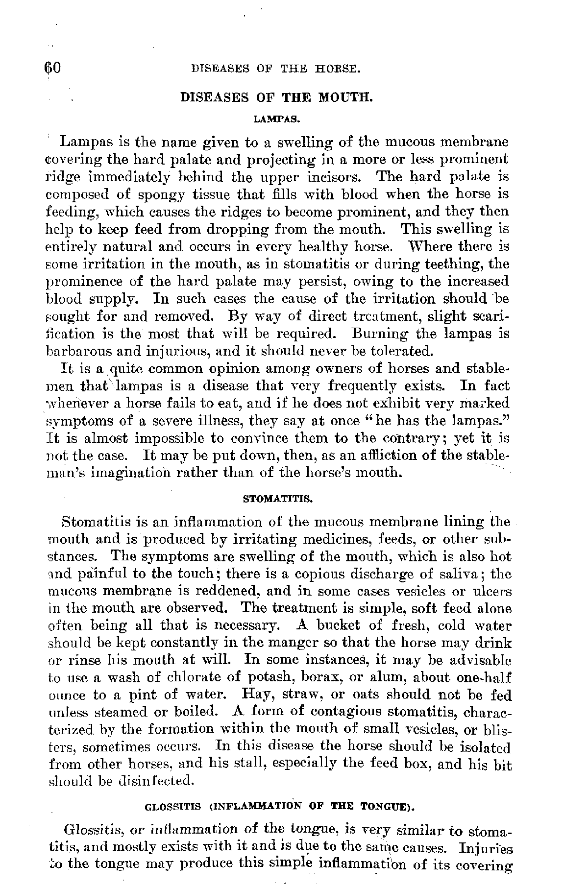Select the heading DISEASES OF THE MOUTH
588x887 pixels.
pyautogui.click(x=277, y=97)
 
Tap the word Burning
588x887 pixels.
pyautogui.click(x=375, y=334)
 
